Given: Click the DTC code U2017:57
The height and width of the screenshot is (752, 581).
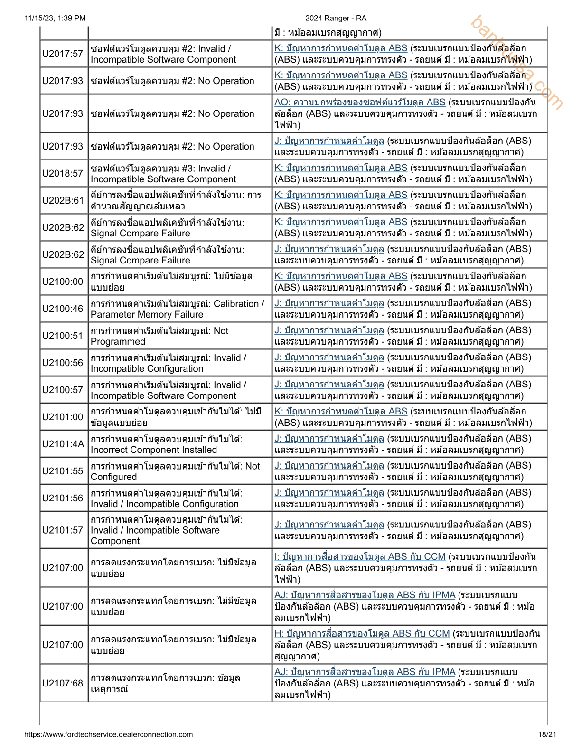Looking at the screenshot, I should [x=63, y=54].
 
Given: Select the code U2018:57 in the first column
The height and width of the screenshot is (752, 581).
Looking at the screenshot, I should [x=63, y=173].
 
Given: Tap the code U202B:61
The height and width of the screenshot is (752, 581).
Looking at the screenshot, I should [x=63, y=200].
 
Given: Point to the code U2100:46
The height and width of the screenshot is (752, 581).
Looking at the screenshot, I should [x=63, y=309].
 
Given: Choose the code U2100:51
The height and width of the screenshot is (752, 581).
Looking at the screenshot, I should [x=63, y=336].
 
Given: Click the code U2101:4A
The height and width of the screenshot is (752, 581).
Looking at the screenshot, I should [x=63, y=444].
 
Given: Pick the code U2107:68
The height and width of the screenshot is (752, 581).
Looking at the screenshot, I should [x=63, y=683].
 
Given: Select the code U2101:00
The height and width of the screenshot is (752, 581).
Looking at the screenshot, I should [x=63, y=417].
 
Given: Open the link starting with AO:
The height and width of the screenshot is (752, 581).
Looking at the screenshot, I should [x=360, y=103].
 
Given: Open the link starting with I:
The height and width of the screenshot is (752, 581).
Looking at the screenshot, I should [x=360, y=556].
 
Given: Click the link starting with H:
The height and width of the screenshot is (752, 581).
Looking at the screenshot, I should [x=362, y=633].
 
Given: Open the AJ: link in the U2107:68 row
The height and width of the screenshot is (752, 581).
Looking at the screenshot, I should [x=365, y=672].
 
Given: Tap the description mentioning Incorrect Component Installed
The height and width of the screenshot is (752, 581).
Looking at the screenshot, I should [x=166, y=444].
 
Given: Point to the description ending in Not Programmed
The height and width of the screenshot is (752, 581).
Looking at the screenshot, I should [x=159, y=336].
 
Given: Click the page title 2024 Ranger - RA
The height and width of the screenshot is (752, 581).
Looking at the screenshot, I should [x=336, y=18].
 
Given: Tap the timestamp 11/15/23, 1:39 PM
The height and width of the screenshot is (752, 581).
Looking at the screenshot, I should [x=55, y=18].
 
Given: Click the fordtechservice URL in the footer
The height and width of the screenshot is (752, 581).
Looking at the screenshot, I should [x=108, y=734].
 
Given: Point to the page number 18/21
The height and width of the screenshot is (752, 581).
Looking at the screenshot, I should [x=547, y=734].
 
